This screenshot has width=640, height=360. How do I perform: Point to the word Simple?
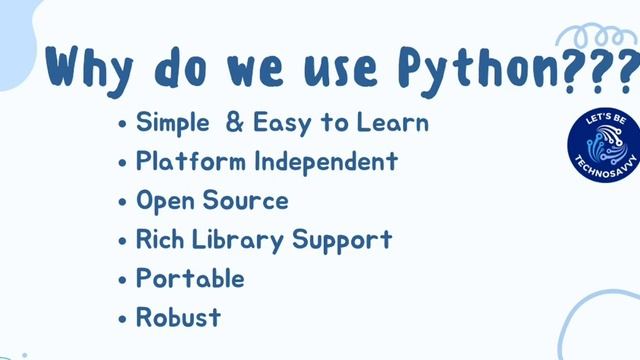[x=174, y=124]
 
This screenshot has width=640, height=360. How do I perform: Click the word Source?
[x=244, y=200]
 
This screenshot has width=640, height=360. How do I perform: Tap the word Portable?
[x=190, y=279]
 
